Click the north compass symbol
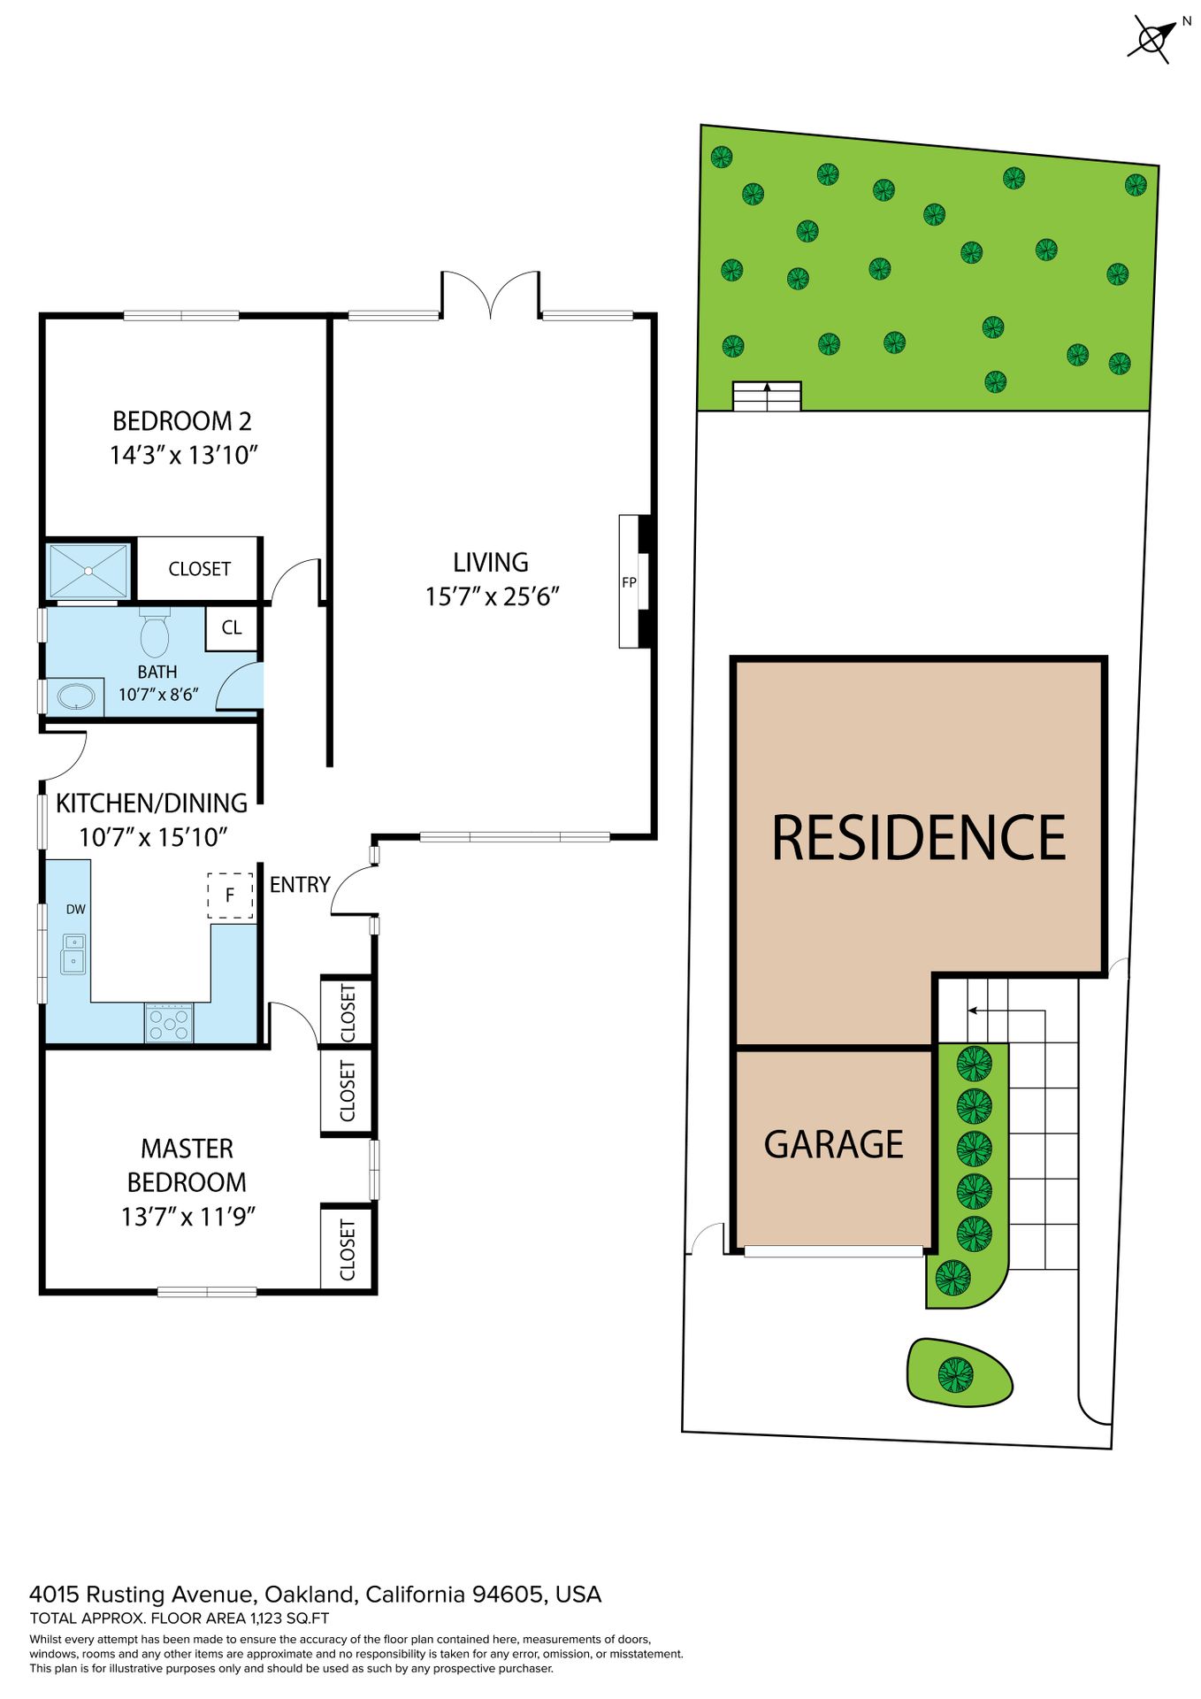(1151, 39)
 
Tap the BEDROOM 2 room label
(182, 421)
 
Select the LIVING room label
(491, 563)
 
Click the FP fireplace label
(629, 582)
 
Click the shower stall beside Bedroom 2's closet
(88, 571)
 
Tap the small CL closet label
(232, 627)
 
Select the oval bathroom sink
(77, 696)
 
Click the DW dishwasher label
(76, 909)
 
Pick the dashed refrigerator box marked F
(230, 896)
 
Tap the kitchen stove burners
(169, 1023)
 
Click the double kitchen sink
(73, 954)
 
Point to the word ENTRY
(300, 885)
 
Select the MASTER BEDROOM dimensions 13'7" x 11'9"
(188, 1217)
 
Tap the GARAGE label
(833, 1144)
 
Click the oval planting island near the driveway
(960, 1372)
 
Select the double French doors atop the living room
(491, 294)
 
